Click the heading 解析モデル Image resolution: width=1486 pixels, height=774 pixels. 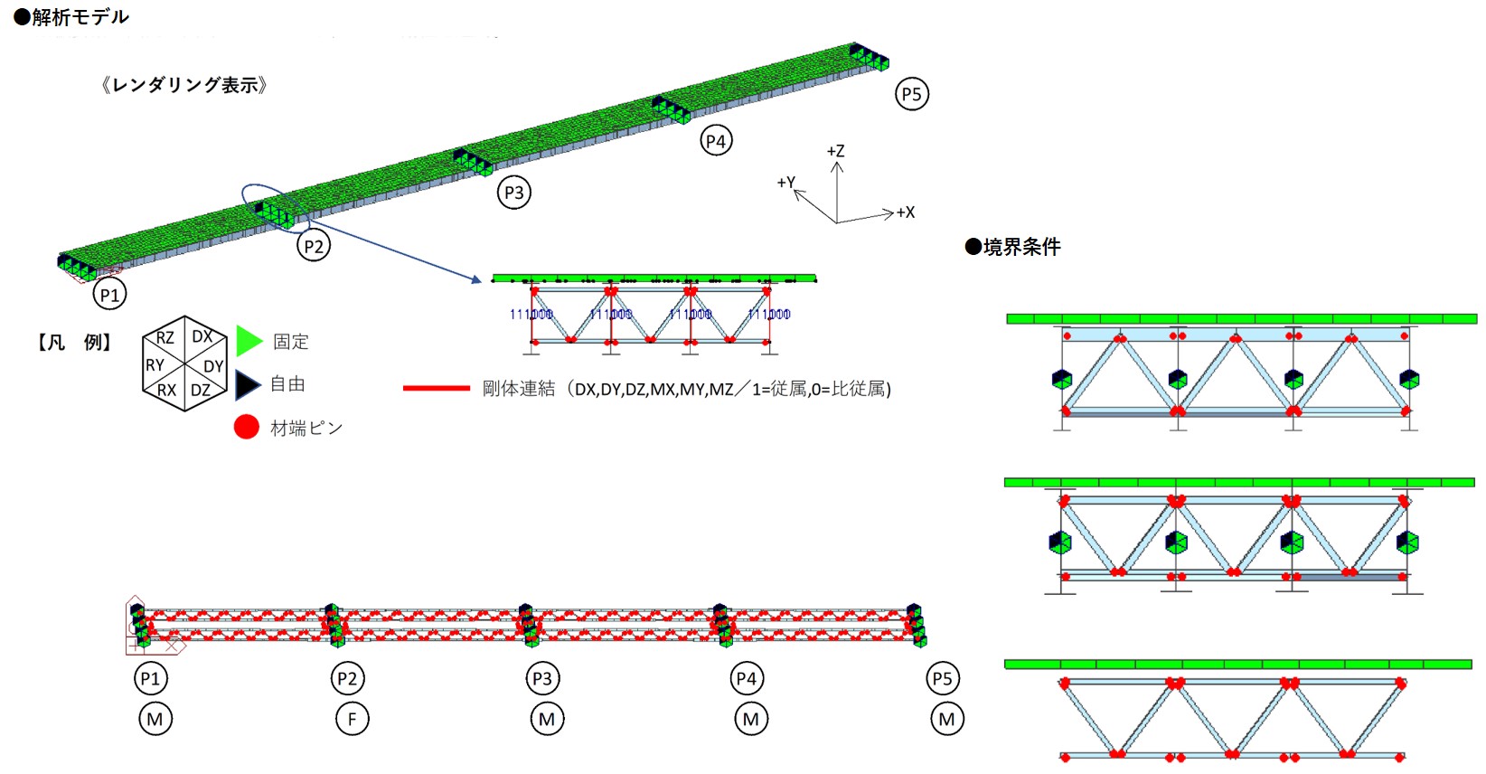(x=71, y=17)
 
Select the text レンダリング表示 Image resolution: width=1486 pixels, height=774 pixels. (x=184, y=85)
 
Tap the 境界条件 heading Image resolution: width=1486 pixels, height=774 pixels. (x=1013, y=247)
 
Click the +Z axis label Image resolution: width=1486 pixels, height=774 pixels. (x=836, y=151)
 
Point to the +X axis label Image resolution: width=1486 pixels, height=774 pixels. (x=906, y=212)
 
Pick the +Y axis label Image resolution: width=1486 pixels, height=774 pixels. (x=785, y=183)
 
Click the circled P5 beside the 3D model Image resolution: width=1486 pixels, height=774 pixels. (x=912, y=94)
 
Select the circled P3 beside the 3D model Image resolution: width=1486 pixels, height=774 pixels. (x=514, y=193)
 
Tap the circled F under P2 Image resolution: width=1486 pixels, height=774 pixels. (x=352, y=720)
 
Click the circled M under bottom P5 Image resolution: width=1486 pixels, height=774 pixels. (x=946, y=720)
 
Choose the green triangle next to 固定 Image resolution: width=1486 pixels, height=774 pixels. (x=248, y=341)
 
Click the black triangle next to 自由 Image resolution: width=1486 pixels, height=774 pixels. (x=247, y=384)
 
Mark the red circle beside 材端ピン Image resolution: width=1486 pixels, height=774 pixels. (x=247, y=427)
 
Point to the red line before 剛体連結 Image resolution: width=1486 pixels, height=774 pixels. (x=436, y=389)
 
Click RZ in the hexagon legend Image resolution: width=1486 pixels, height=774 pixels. (x=165, y=338)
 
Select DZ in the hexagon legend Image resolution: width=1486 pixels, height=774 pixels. (x=201, y=391)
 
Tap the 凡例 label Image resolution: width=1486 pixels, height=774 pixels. (x=73, y=342)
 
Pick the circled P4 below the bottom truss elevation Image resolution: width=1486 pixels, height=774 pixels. (x=747, y=678)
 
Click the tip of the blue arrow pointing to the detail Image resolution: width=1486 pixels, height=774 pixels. (x=480, y=281)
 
